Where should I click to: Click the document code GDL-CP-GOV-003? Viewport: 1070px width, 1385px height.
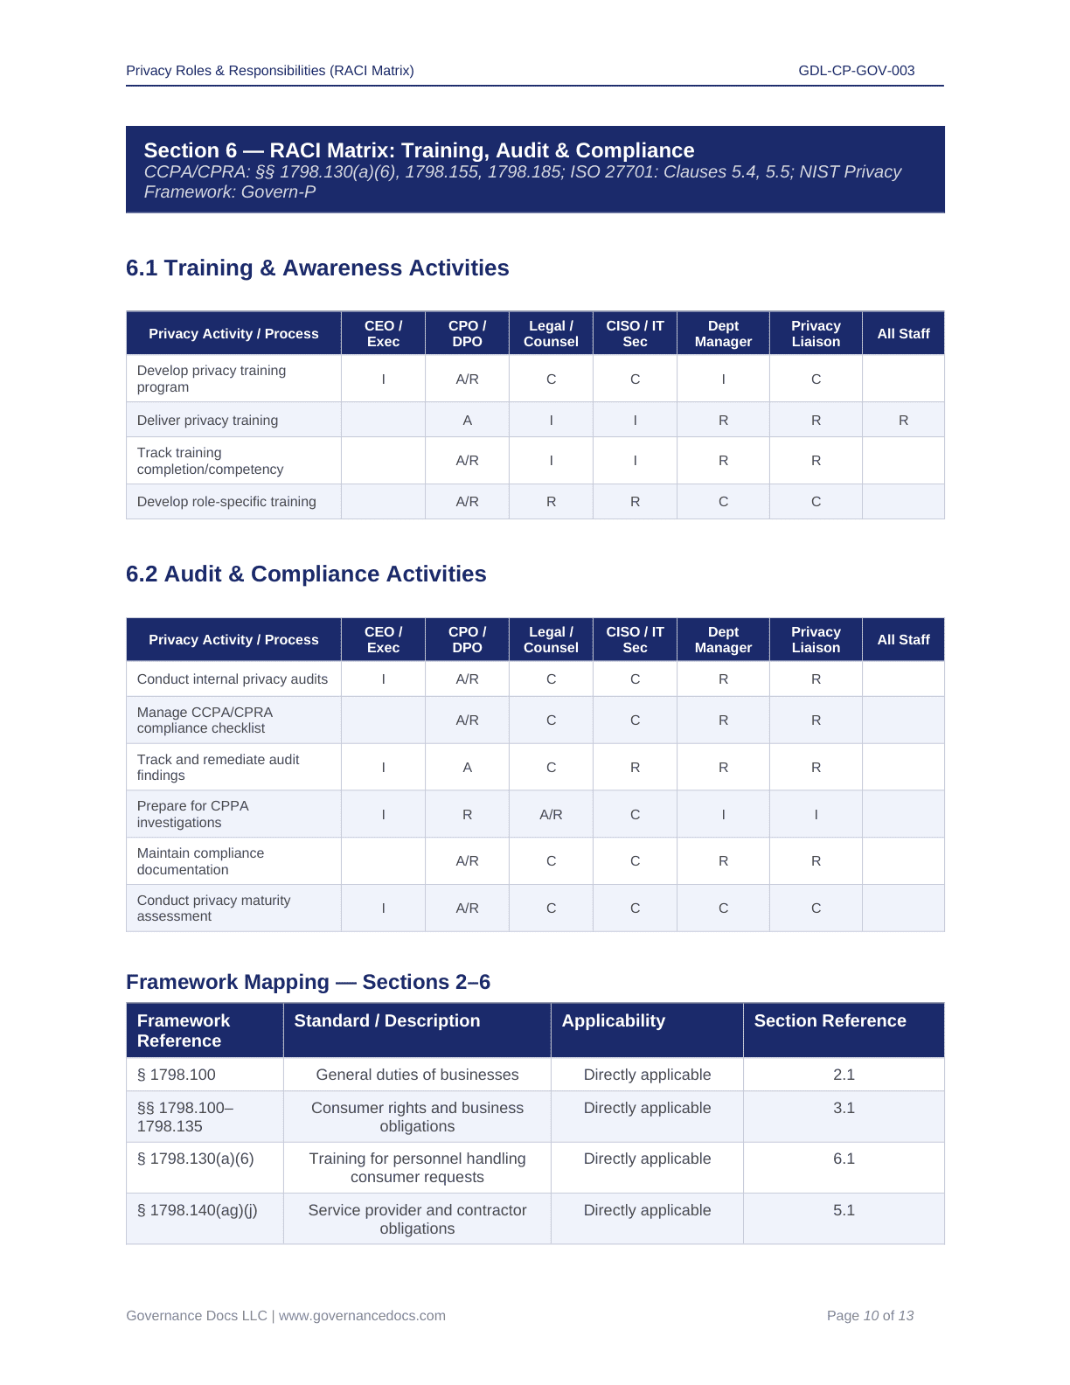[856, 71]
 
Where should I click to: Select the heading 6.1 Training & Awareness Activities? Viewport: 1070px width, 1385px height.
[317, 268]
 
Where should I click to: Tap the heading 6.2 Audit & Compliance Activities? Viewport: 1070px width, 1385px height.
[306, 574]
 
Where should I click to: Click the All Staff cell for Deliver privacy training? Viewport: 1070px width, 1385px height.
[903, 421]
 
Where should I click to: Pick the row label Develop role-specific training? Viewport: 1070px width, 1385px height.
[226, 502]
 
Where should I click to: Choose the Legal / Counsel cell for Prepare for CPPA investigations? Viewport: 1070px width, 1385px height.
[551, 815]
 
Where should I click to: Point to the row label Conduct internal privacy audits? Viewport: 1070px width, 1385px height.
[233, 679]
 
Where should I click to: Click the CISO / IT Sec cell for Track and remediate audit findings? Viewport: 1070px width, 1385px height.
[635, 768]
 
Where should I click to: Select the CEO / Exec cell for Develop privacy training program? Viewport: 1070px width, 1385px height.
[383, 379]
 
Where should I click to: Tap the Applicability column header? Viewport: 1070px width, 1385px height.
[614, 1021]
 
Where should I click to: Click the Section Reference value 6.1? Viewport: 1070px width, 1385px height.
[844, 1159]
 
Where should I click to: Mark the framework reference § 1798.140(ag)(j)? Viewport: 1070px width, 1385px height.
[198, 1210]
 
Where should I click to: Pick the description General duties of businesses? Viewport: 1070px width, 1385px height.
[417, 1075]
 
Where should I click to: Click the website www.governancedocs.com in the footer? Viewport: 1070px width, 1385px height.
[362, 1316]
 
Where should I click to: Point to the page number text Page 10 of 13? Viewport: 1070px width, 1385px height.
[870, 1316]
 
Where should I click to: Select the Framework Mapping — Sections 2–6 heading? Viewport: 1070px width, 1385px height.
[308, 983]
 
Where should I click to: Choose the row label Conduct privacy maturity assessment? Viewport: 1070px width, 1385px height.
[213, 908]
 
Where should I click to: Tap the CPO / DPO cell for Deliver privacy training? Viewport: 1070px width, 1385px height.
[467, 421]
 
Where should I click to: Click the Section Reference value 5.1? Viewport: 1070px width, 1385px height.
[844, 1211]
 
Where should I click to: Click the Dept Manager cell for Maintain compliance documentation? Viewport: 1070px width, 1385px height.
[723, 861]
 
